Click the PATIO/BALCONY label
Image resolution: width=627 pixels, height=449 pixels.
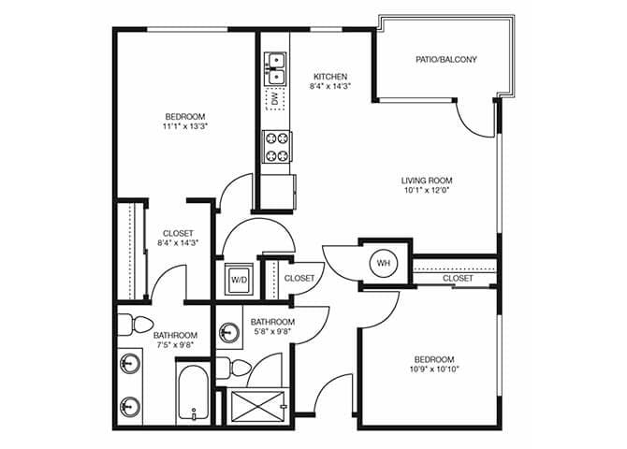pos(446,60)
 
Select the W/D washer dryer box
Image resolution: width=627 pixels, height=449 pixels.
pos(239,279)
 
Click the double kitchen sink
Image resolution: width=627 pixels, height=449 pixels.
pos(275,65)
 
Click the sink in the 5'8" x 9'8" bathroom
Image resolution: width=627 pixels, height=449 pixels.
pos(228,333)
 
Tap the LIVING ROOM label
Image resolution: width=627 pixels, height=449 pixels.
pos(427,181)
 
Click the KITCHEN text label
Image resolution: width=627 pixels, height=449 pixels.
pos(330,77)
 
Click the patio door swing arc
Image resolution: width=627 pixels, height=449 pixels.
pos(475,118)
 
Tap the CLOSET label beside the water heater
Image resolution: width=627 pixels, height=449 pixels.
pos(458,278)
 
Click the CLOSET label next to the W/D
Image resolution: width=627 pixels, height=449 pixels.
pos(299,278)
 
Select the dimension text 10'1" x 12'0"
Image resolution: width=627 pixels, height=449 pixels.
pos(427,193)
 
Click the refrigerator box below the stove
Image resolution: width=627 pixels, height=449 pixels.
pos(277,193)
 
